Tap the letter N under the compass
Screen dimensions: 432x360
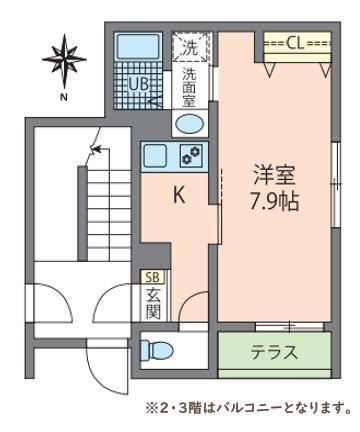[x=63, y=97]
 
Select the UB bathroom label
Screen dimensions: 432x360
[x=138, y=84]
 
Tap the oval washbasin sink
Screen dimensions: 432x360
[x=189, y=123]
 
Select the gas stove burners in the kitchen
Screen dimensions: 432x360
[x=190, y=155]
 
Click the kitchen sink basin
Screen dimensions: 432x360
[x=156, y=155]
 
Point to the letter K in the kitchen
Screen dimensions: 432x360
[x=179, y=196]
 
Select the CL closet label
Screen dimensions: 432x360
[x=296, y=43]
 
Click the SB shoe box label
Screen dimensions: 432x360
[x=153, y=277]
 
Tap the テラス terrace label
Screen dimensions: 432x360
[x=273, y=352]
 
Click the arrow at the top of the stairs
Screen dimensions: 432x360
[x=95, y=151]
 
